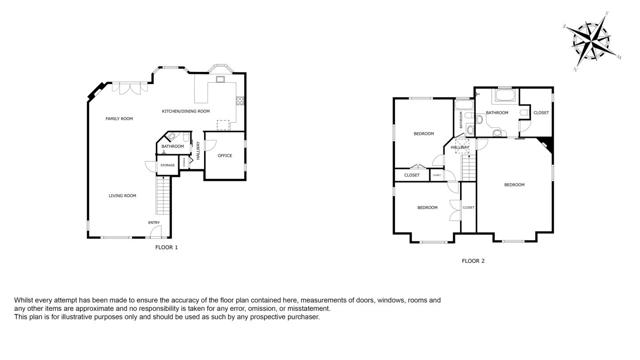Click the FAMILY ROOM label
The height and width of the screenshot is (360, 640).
[x=120, y=119]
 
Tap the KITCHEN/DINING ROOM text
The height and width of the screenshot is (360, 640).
[x=186, y=111]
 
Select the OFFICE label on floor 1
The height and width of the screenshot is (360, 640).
[x=225, y=156]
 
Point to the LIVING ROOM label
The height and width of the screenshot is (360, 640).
[x=122, y=195]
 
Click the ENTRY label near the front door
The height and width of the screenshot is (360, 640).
[x=154, y=222]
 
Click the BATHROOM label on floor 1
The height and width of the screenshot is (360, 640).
[x=172, y=147]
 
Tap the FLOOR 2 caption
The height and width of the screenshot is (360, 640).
[x=473, y=261]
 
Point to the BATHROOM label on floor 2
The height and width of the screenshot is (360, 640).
[x=497, y=113]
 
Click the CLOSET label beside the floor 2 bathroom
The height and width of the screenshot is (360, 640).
[x=540, y=113]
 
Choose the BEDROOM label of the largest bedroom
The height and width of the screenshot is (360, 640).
[x=514, y=185]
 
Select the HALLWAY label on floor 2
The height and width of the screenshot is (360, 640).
[x=460, y=148]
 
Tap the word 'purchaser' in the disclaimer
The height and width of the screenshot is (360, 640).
[x=301, y=317]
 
